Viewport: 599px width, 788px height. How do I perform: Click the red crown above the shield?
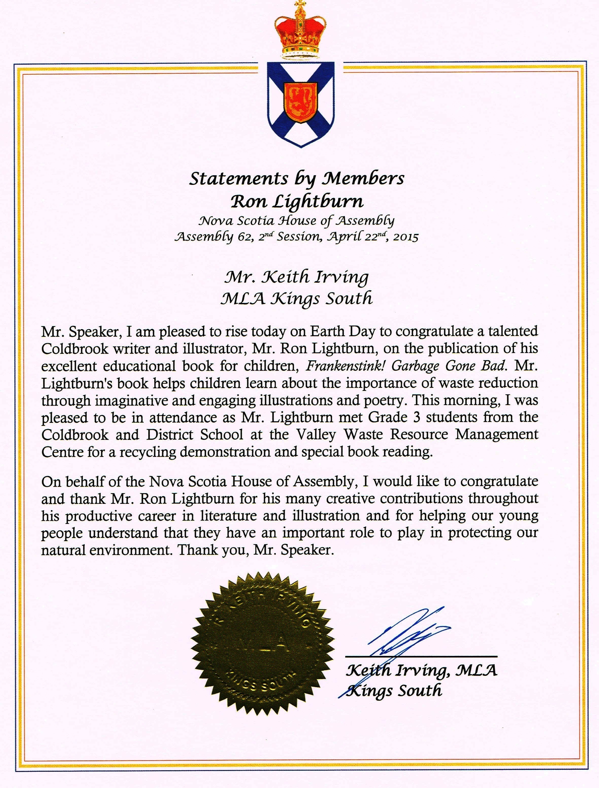click(x=299, y=32)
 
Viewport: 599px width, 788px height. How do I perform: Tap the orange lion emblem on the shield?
click(x=301, y=102)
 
